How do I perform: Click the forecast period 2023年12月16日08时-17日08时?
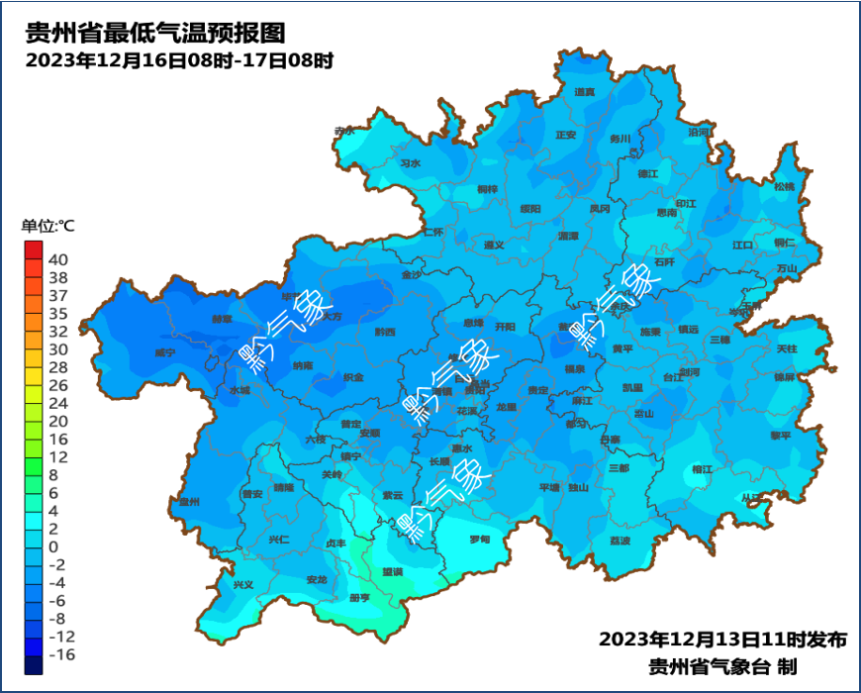(x=178, y=60)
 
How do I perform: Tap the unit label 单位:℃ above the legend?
(x=48, y=226)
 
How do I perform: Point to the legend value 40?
(x=58, y=259)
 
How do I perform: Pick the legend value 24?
(x=58, y=403)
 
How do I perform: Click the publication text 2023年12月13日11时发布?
(x=722, y=639)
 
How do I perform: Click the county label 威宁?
(x=165, y=352)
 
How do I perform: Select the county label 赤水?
(x=344, y=131)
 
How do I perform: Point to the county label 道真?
(x=585, y=92)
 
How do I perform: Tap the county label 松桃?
(x=785, y=186)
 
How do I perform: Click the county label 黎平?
(x=782, y=435)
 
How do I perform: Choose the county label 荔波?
(x=620, y=541)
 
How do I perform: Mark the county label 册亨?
(x=359, y=598)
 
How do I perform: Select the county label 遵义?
(x=494, y=245)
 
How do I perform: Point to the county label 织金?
(x=353, y=377)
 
